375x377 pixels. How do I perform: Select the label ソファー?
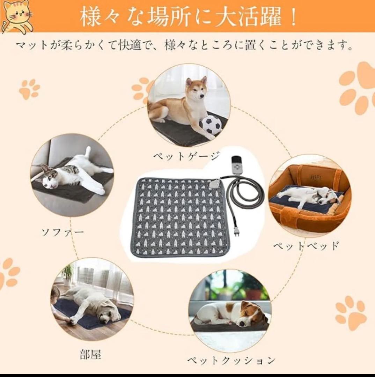[x=63, y=232]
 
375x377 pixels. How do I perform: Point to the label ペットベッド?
[x=306, y=245]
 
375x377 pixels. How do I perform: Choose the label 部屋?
[x=90, y=354]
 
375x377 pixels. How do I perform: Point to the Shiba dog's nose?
[x=202, y=96]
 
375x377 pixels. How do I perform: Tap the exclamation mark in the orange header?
[x=293, y=18]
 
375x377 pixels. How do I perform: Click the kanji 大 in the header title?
[x=226, y=17]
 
